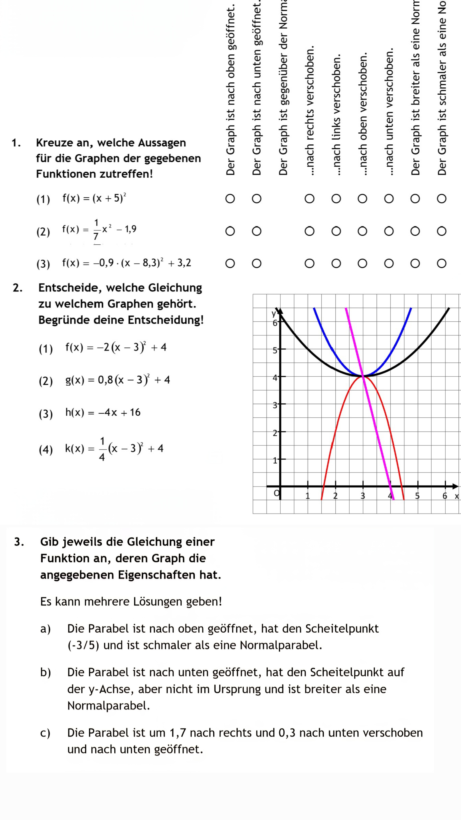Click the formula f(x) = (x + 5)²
pyautogui.click(x=94, y=198)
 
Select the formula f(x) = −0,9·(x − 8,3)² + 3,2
pyautogui.click(x=127, y=263)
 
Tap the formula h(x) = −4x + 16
pyautogui.click(x=103, y=413)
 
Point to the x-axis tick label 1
pyautogui.click(x=307, y=496)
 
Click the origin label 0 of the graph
pyautogui.click(x=276, y=493)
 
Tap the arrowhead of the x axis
pyautogui.click(x=456, y=486)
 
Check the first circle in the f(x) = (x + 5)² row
pyautogui.click(x=230, y=199)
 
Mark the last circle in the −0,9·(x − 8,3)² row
pyautogui.click(x=441, y=264)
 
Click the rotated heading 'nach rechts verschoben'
pyautogui.click(x=309, y=111)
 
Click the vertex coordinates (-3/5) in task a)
pyautogui.click(x=83, y=645)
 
